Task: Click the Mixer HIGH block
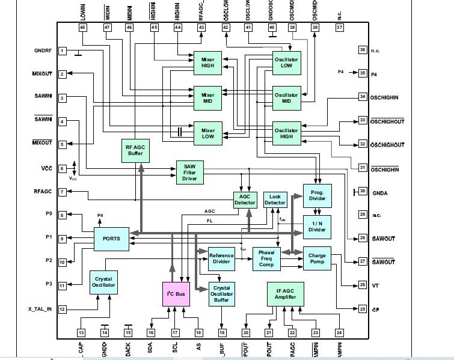pos(207,63)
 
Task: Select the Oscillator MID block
pos(286,99)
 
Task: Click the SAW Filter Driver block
pos(189,172)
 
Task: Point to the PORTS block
pos(111,239)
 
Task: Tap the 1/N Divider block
pos(317,226)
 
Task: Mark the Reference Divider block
pos(221,259)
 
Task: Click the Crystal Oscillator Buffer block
pos(221,294)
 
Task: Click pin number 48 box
pos(82,28)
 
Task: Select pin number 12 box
pos(62,309)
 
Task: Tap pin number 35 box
pos(363,73)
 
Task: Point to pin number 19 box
pos(222,332)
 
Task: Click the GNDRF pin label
pos(43,50)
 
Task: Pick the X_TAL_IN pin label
pos(40,309)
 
